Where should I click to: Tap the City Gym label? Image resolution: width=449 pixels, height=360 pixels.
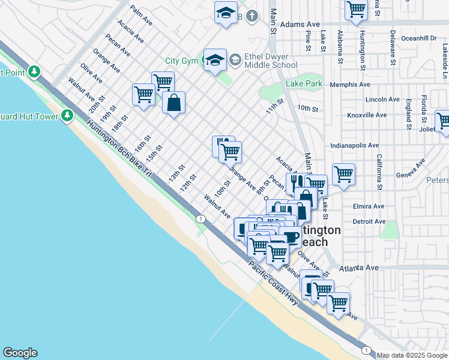pos(182,61)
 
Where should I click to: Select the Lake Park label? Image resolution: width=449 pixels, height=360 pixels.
pos(304,84)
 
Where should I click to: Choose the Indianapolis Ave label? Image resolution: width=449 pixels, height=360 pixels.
pos(355,145)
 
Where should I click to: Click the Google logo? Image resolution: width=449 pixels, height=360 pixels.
pos(20,353)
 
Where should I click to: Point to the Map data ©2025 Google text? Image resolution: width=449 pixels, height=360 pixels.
pos(411,355)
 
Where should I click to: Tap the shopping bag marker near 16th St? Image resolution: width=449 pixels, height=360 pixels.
pos(173,102)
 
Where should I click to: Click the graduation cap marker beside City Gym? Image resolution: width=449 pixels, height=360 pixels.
pos(214,61)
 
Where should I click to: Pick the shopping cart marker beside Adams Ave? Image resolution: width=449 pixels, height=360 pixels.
pos(356,10)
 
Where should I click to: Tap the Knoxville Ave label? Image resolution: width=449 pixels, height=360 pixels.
pos(365,115)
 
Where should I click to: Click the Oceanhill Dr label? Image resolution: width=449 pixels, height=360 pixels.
pos(419,38)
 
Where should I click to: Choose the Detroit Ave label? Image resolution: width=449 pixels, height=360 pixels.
pos(369,221)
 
